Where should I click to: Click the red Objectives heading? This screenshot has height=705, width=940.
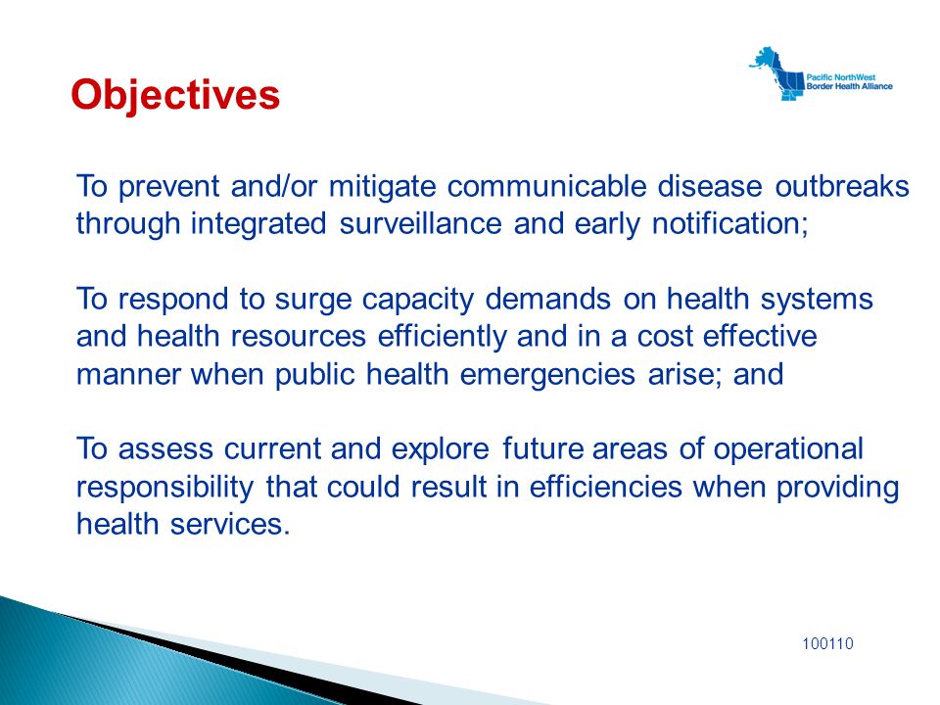point(175,95)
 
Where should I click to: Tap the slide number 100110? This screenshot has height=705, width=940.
point(827,644)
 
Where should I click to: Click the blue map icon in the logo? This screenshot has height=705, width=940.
point(775,74)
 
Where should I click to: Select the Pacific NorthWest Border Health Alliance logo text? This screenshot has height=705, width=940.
point(849,81)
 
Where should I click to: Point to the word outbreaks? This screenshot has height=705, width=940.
point(842,186)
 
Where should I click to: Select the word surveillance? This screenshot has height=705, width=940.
point(420,223)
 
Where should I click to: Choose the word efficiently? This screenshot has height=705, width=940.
point(442,337)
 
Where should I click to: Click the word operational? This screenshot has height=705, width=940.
point(787,449)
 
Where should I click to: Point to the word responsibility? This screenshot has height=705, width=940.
point(164,488)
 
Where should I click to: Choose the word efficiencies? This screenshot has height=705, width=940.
point(605,487)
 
